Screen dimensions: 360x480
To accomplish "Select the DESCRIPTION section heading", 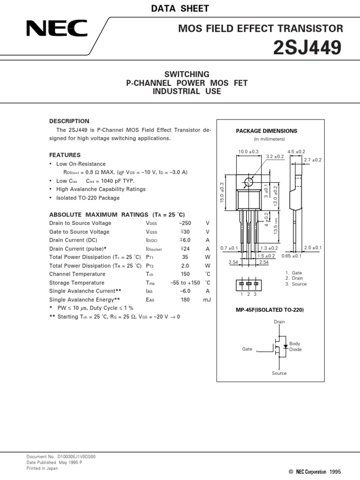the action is point(69,121).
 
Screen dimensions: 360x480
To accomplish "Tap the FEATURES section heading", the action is point(65,155).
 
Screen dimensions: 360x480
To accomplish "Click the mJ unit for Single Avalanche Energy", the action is point(207,300).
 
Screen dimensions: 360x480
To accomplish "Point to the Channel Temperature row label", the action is point(77,274).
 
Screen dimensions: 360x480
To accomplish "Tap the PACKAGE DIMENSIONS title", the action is point(266,131).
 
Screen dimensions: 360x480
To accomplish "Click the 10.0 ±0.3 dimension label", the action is point(248,151).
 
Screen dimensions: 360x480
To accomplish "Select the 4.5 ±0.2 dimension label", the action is point(296,151).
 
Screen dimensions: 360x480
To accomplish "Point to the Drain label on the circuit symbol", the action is point(279,322).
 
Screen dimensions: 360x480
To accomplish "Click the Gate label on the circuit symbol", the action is point(247,349).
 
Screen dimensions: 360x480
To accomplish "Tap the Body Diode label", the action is point(295,346).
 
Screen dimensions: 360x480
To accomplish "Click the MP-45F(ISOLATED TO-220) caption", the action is point(266,310).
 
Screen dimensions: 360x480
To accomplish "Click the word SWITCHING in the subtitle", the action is point(187,75).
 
